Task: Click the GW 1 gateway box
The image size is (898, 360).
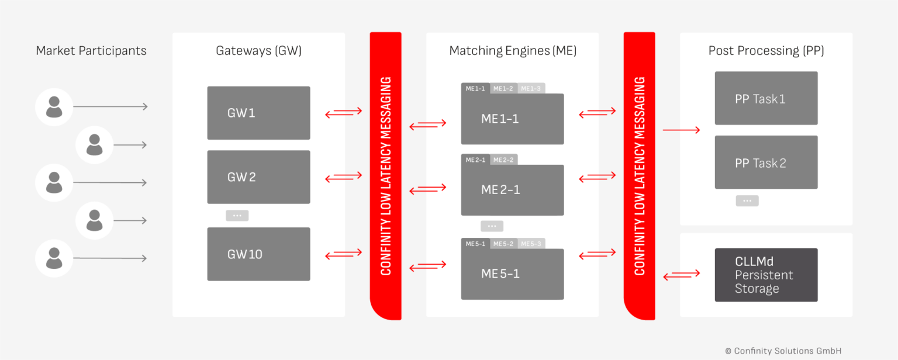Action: (x=258, y=113)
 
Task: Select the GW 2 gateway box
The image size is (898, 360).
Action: (x=258, y=177)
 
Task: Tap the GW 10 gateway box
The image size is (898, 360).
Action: (x=258, y=254)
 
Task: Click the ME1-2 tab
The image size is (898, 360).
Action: (x=503, y=88)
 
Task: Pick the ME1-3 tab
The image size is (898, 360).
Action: (x=531, y=88)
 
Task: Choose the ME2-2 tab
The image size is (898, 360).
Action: (x=503, y=160)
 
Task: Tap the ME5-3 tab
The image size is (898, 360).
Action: (x=531, y=244)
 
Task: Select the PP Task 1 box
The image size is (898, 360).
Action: (x=766, y=98)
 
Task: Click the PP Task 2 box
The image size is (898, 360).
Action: (x=766, y=162)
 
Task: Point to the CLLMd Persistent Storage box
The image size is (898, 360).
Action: (x=766, y=275)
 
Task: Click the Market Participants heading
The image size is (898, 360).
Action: (x=91, y=51)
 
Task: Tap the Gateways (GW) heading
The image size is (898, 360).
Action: (x=258, y=51)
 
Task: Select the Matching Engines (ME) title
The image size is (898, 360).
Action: (x=513, y=51)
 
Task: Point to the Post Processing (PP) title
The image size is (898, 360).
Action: (x=766, y=51)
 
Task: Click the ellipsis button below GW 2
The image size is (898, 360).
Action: (x=237, y=216)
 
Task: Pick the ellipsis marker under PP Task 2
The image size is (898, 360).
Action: (x=747, y=201)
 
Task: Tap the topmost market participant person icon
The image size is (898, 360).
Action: (x=54, y=107)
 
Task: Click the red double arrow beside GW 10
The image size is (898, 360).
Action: (x=344, y=254)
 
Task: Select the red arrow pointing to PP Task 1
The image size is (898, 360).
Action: (x=681, y=130)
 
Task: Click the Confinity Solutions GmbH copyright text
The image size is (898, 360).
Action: (x=783, y=351)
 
